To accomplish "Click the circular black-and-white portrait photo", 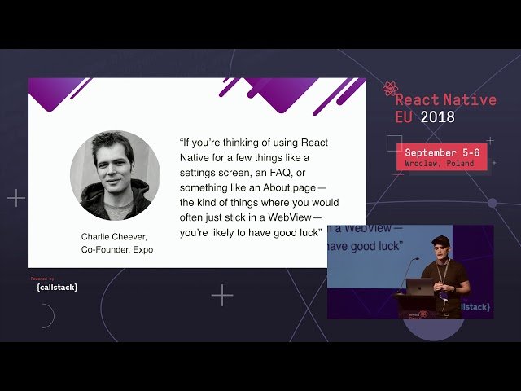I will tap(115, 175).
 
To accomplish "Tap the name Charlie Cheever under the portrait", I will tap(113, 237).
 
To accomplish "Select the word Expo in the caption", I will tap(142, 250).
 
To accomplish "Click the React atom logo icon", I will tap(389, 88).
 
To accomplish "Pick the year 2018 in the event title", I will tap(438, 116).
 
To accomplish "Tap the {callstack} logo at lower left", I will tap(57, 287).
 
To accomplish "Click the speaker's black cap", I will tap(440, 240).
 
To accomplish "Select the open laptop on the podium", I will tap(419, 287).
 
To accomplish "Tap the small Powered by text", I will tap(43, 279).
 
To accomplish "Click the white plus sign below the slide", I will tap(222, 295).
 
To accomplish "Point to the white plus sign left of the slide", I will tap(16, 197).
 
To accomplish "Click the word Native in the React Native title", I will tap(467, 100).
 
